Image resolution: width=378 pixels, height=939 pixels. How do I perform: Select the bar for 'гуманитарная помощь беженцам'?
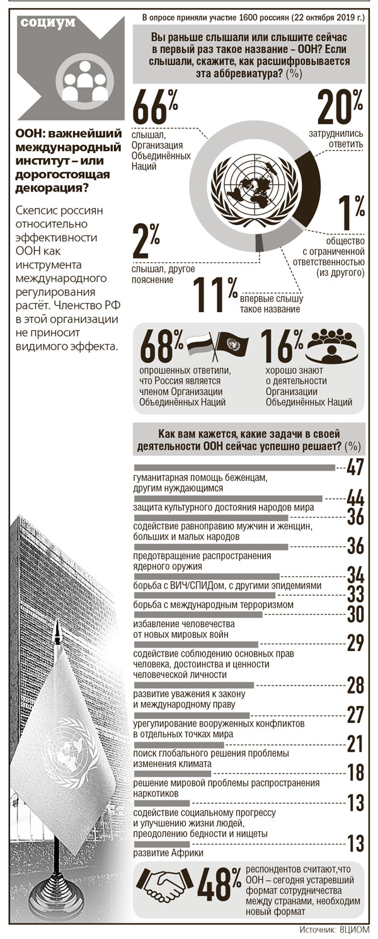pyautogui.click(x=235, y=468)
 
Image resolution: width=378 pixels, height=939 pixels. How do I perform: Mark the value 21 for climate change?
pyautogui.click(x=356, y=744)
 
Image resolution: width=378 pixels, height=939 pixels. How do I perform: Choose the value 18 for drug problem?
pyautogui.click(x=356, y=773)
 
